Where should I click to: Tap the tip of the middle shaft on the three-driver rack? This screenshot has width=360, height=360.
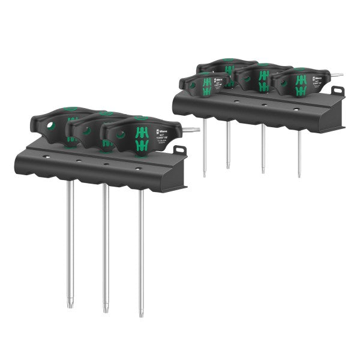pos(106,309)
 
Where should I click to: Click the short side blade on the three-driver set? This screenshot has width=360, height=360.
pos(193,129)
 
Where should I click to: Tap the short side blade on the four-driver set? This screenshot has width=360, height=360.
pos(338,75)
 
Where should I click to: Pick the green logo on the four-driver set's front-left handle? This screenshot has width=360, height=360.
pos(206,85)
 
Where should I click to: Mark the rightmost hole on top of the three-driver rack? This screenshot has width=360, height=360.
pos(139,170)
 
